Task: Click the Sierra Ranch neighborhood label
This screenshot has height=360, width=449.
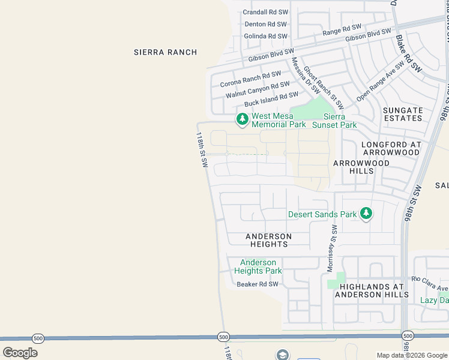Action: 165,52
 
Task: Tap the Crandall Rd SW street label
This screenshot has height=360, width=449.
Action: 265,13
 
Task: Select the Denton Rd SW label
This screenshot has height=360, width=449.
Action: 266,25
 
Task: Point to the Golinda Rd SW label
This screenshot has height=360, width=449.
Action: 266,37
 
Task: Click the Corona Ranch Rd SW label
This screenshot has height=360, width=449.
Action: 250,79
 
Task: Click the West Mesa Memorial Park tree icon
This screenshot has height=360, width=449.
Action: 242,119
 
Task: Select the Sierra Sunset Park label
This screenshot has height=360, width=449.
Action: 340,121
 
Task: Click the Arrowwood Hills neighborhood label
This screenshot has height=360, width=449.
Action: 361,167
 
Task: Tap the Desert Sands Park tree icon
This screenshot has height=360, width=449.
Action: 366,214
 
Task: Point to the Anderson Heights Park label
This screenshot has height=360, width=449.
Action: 258,266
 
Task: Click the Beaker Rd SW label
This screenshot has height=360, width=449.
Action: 258,284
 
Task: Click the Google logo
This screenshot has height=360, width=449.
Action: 20,353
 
